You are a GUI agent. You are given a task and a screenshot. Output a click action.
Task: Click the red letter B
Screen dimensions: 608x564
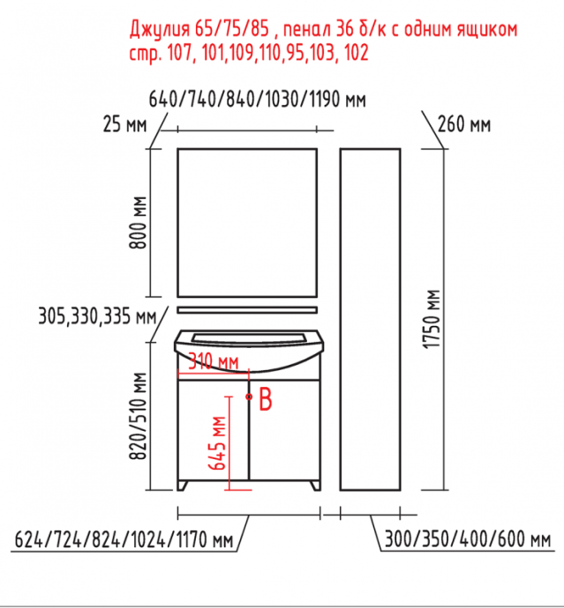[266, 399]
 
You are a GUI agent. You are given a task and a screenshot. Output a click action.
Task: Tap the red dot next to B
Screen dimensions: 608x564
[250, 397]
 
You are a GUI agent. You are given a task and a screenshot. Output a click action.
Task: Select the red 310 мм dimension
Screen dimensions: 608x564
[213, 362]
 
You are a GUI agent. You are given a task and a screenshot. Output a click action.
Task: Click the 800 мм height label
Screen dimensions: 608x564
[137, 224]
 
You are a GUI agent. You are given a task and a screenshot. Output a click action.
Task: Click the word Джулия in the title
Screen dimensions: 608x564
[162, 31]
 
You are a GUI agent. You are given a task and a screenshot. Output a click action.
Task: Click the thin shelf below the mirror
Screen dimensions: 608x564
[247, 310]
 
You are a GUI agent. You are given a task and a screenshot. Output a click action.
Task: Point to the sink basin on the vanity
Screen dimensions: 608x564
[247, 348]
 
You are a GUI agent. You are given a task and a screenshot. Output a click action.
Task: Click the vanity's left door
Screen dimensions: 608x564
[213, 432]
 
